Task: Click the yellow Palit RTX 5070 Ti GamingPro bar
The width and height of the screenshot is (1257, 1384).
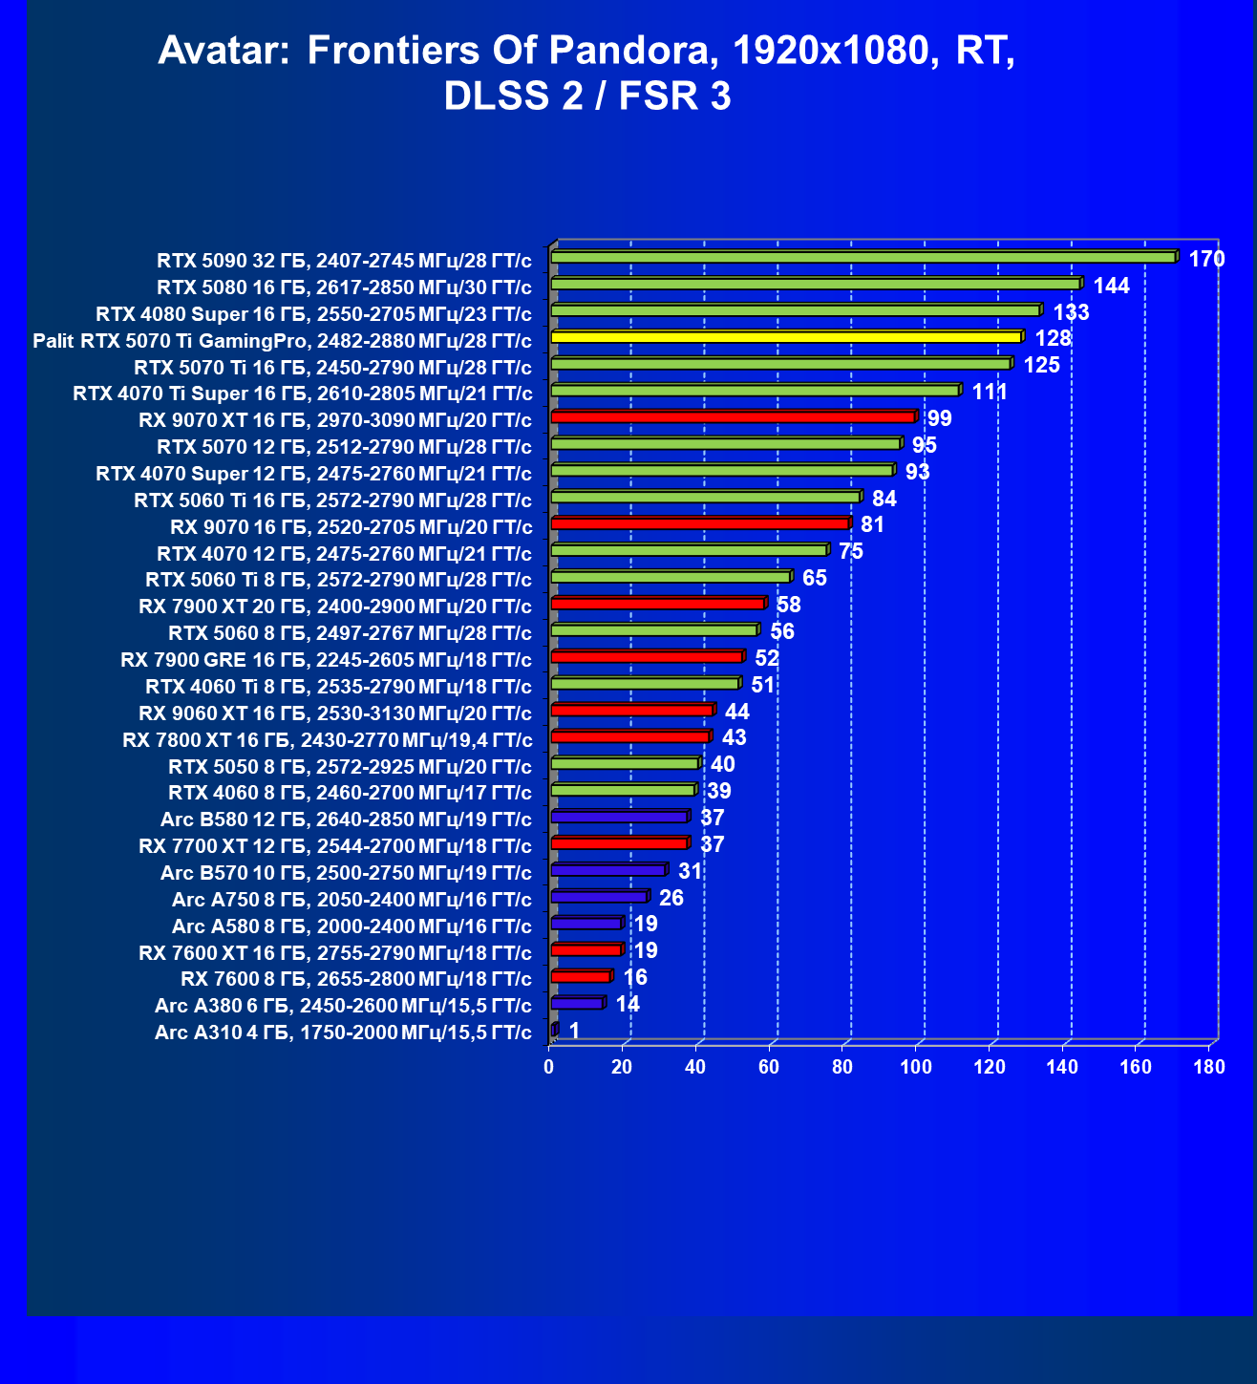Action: [x=786, y=337]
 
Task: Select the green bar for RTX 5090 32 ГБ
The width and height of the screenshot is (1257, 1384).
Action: [x=863, y=257]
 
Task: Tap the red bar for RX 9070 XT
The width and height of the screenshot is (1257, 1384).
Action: [x=733, y=416]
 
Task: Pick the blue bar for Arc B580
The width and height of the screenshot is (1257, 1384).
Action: [x=619, y=817]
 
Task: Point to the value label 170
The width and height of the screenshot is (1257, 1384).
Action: [x=1206, y=259]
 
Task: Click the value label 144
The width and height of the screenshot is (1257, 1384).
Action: [x=1111, y=286]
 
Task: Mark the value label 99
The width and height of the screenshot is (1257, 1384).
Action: [x=939, y=418]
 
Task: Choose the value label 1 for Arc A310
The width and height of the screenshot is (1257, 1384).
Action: [x=574, y=1031]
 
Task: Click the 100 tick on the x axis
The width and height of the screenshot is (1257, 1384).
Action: [x=916, y=1067]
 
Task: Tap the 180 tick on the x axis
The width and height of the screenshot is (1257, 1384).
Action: [x=1209, y=1067]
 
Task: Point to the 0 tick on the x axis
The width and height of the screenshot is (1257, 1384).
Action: [x=549, y=1067]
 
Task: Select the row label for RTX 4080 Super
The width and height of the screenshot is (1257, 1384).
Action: [x=313, y=313]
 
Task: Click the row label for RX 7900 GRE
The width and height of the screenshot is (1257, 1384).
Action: [x=326, y=659]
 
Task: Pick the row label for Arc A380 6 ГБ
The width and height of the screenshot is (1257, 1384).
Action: [x=343, y=1005]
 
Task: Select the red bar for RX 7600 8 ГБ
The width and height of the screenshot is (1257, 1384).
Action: [x=581, y=976]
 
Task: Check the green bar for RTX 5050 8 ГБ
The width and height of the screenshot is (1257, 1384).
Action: [x=625, y=763]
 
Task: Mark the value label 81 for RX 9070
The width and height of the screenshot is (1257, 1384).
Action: [x=872, y=525]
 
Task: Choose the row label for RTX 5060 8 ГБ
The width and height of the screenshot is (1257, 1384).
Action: [x=350, y=632]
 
